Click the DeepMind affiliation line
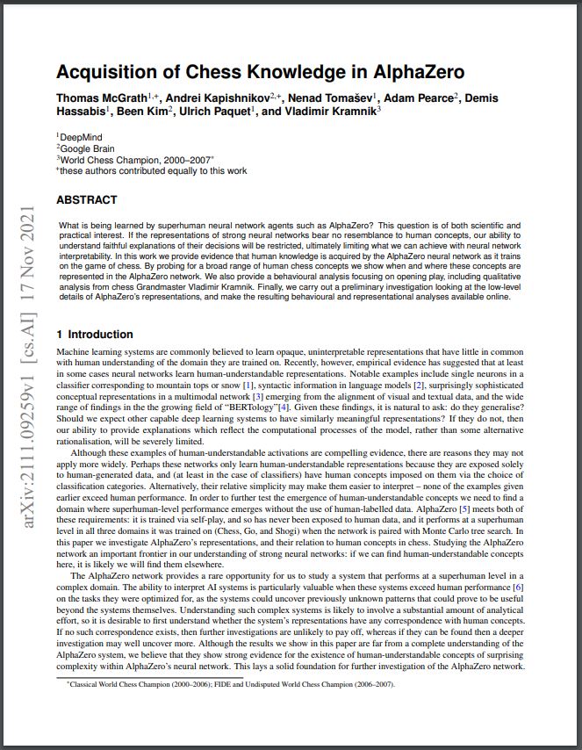tap(80, 138)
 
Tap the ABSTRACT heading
tap(86, 200)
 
